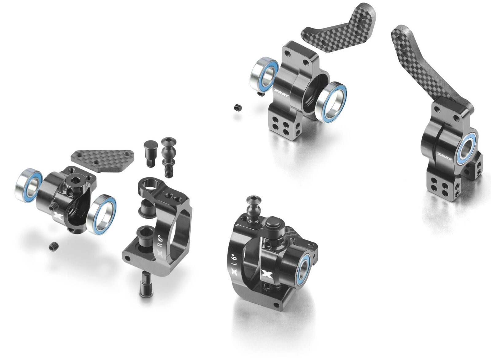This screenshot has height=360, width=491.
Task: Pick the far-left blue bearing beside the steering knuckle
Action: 29,185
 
